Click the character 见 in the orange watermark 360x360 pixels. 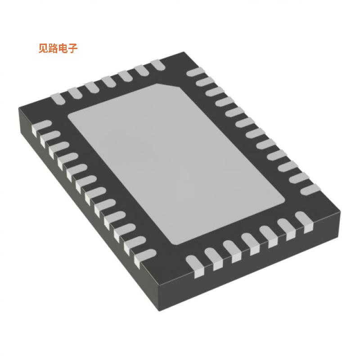[x=43, y=49]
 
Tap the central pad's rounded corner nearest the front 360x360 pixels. [x=175, y=243]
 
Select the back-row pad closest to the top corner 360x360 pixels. [x=157, y=65]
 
